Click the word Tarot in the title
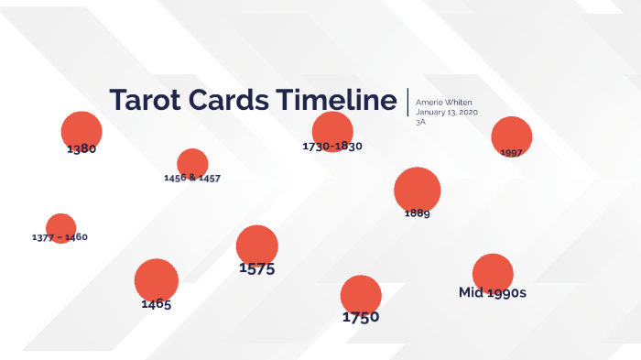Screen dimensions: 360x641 coord(146,101)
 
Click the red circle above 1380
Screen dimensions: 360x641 coord(81,129)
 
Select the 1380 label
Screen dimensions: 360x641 coord(81,148)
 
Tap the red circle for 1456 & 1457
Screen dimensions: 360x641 coord(192,162)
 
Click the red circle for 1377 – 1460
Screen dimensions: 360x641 coord(60,226)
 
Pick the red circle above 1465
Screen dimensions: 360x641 coord(156,279)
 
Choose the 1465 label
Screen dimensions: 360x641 coord(156,304)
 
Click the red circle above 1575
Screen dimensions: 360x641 coord(256,245)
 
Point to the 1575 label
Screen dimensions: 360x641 coord(256,269)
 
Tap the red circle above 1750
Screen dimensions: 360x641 coord(361,294)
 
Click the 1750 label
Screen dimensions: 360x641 coord(361,318)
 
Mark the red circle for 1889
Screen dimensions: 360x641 coord(418,189)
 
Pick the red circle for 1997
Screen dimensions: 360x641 coord(512,135)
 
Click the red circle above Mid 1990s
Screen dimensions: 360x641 coord(493,272)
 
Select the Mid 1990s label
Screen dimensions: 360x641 coord(493,293)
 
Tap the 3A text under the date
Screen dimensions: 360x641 coord(420,122)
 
